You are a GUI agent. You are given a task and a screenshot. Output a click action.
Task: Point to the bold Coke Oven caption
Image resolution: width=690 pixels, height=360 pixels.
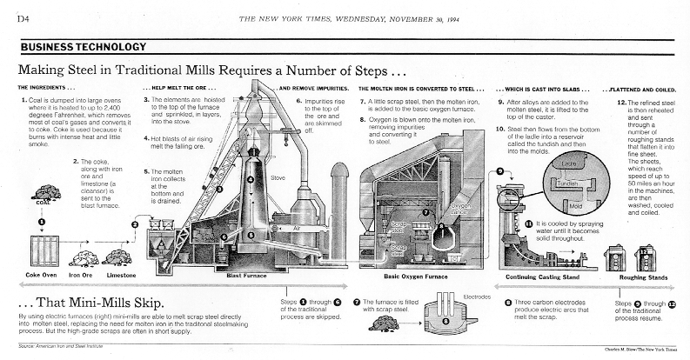click(x=37, y=276)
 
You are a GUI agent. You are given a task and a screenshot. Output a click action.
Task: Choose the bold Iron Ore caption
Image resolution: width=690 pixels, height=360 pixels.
click(x=82, y=276)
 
